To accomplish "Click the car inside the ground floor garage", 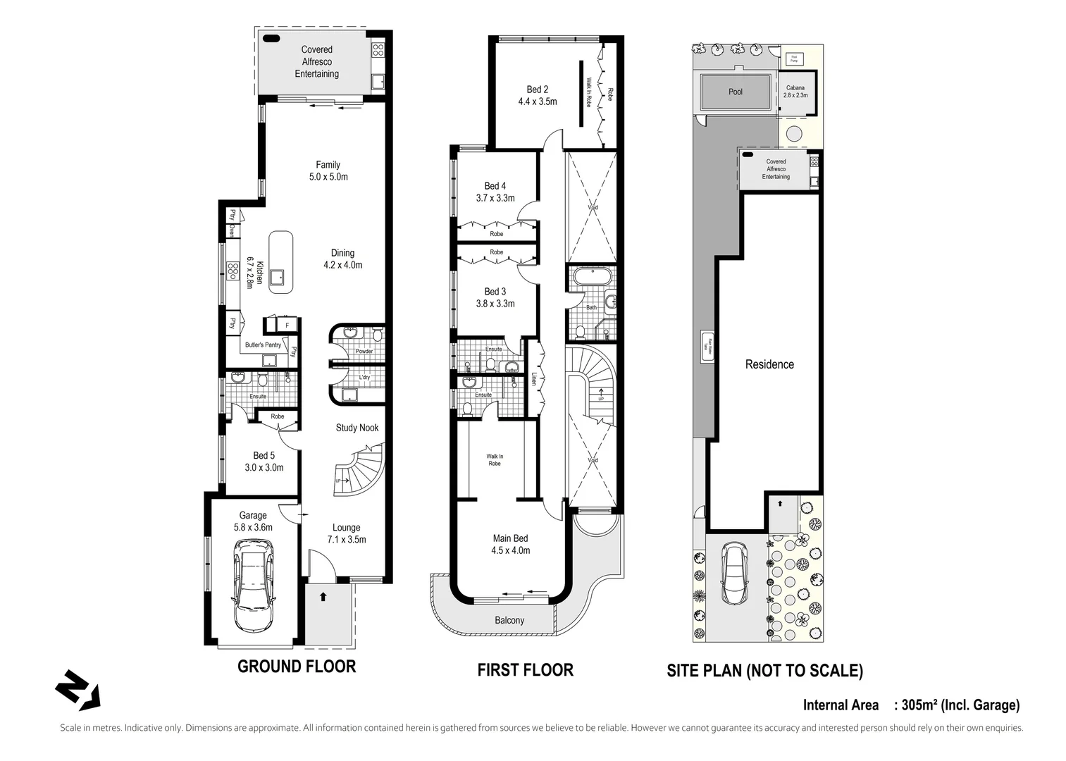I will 253,586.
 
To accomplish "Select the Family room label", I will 328,164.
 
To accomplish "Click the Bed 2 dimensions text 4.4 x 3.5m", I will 537,101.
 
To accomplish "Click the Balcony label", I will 509,620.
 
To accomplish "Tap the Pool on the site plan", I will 735,92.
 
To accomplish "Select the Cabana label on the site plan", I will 795,88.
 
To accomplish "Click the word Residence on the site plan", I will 769,364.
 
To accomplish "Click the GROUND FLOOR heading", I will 296,667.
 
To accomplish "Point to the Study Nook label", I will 357,428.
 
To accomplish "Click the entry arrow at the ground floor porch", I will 323,597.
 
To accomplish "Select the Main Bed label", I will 510,538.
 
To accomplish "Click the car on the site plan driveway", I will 735,574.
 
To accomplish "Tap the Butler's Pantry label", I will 263,345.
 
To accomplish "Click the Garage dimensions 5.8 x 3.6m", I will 253,527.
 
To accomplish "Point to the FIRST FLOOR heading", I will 525,669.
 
